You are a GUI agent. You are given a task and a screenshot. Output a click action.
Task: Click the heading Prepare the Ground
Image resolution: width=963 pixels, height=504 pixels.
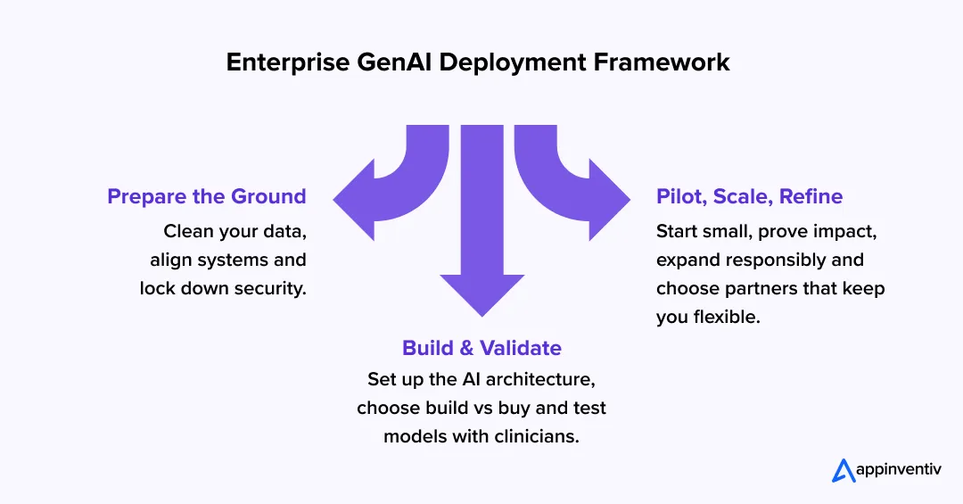click(x=207, y=196)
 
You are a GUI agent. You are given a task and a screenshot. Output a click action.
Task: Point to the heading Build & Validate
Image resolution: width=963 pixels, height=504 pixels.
click(x=481, y=348)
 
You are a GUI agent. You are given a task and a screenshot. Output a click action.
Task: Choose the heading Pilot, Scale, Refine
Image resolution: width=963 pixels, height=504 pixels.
click(x=749, y=196)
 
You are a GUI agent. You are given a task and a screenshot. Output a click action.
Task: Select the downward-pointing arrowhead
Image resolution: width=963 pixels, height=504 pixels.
click(x=481, y=290)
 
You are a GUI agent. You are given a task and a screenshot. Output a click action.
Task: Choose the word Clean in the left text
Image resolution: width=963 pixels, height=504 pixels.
click(x=187, y=232)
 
